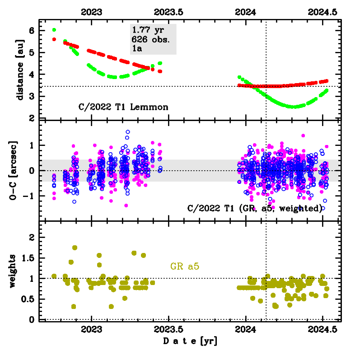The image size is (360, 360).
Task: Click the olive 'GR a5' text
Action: point(185,266)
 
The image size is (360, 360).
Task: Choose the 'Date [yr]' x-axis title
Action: point(190,341)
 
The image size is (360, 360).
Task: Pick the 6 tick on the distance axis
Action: point(32,30)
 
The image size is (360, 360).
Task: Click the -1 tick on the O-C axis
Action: point(30,196)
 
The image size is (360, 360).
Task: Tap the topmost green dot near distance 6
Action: point(54,30)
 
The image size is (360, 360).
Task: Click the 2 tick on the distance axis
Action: point(32,118)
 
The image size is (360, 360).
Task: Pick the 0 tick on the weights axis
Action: point(32,319)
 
